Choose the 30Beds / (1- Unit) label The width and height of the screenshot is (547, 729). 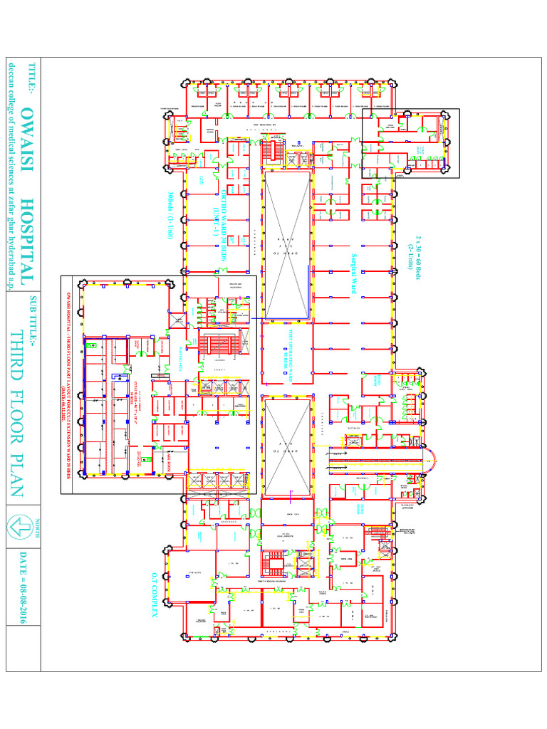tap(170, 217)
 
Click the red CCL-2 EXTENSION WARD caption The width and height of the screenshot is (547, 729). tap(69, 384)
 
